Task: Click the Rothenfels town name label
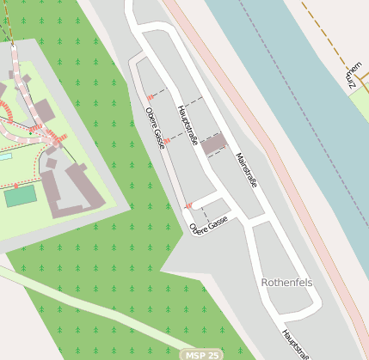point(286,282)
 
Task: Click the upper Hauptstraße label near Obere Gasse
point(187,125)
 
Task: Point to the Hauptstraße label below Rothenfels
point(294,344)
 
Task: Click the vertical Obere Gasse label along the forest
point(155,128)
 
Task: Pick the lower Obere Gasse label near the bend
point(208,225)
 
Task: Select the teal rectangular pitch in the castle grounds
point(20,196)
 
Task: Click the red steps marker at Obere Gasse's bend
point(188,205)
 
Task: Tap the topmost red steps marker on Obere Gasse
point(151,97)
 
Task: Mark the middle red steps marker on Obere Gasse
point(167,140)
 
